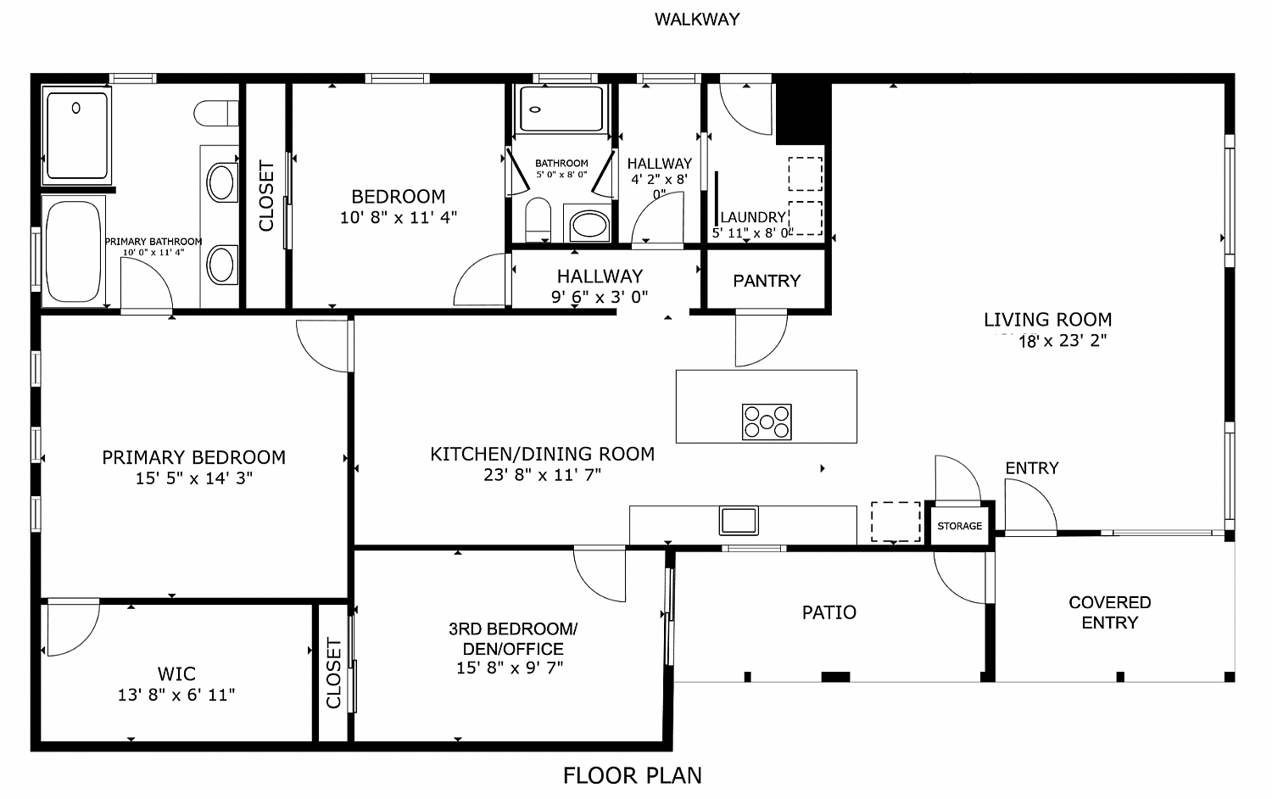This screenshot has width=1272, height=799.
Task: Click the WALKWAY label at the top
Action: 697,19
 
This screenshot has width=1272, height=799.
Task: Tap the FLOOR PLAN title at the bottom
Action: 633,775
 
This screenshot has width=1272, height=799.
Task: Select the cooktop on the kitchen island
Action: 767,422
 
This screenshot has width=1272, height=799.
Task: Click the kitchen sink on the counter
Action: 739,520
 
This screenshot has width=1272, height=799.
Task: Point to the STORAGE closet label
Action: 959,527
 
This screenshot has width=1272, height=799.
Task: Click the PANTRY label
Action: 767,281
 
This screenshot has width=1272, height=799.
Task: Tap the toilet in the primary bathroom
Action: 217,113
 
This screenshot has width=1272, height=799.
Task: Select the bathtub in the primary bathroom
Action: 74,251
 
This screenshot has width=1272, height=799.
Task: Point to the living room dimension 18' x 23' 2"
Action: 1063,342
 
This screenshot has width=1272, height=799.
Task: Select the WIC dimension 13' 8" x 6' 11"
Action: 176,696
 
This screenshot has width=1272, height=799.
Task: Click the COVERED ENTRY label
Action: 1109,612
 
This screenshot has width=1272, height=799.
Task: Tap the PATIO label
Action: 828,612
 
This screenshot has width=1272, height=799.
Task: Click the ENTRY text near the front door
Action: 1031,468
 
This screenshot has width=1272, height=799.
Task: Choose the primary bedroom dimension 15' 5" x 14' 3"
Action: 194,478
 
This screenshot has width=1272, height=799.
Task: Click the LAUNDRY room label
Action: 752,218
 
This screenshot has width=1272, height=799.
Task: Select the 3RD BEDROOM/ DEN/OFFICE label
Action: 512,639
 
